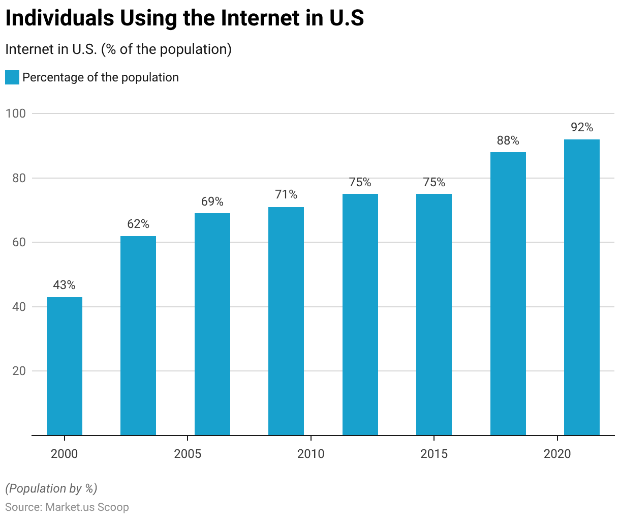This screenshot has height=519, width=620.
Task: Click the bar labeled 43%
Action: click(65, 366)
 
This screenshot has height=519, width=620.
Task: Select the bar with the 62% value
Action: click(138, 336)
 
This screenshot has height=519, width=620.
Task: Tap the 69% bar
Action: click(212, 325)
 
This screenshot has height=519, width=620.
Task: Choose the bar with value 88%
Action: click(508, 294)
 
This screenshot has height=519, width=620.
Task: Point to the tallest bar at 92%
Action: click(582, 287)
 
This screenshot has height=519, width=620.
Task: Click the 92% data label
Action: click(582, 127)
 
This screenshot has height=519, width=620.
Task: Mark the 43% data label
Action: click(65, 285)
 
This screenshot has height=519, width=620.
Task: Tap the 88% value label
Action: click(508, 140)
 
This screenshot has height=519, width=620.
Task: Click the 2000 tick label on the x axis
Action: click(65, 454)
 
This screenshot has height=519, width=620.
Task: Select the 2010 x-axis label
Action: click(311, 454)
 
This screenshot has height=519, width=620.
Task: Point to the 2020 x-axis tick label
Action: click(557, 454)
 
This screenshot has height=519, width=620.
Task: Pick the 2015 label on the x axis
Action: click(434, 454)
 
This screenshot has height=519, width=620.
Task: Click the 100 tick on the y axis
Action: click(16, 113)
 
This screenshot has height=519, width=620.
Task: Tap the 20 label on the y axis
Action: click(19, 371)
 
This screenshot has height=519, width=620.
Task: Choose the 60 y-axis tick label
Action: click(19, 242)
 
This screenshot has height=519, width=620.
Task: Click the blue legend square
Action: click(12, 77)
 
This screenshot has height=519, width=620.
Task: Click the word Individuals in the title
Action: click(59, 18)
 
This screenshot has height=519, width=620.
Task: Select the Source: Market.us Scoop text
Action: click(67, 507)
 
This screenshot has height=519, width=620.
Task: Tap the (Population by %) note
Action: click(51, 488)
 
